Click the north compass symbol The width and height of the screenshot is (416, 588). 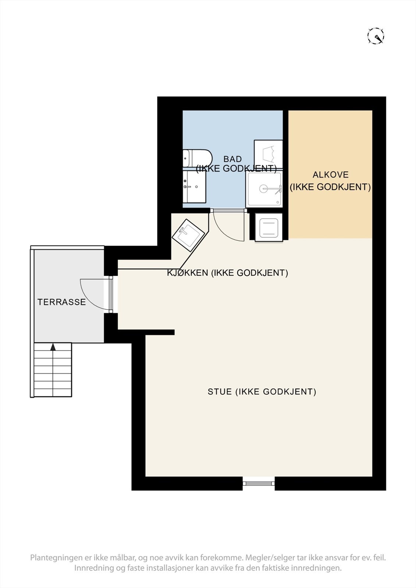click(x=376, y=36)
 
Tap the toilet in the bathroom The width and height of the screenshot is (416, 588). click(x=198, y=158)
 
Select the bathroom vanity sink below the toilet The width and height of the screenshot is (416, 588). click(x=194, y=186)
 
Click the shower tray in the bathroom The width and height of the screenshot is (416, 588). click(x=264, y=189)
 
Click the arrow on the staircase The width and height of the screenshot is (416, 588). click(x=53, y=347)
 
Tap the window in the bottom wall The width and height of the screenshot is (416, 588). click(x=259, y=483)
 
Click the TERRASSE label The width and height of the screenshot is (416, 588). click(x=61, y=302)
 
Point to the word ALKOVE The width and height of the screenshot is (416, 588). click(x=330, y=175)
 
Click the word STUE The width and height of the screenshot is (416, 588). click(x=220, y=392)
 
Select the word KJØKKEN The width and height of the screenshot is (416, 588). click(x=188, y=273)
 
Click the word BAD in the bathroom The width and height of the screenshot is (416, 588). click(x=232, y=159)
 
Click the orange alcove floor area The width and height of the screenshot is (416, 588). click(x=330, y=213)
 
